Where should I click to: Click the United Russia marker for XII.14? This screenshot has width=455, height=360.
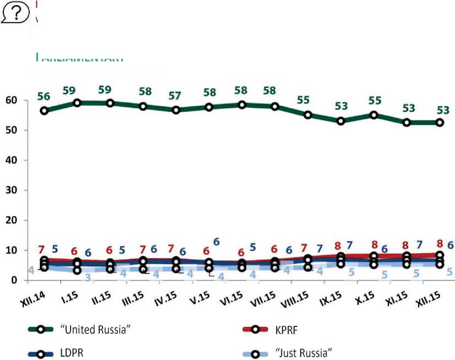[44, 111]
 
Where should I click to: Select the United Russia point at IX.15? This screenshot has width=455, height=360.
[342, 121]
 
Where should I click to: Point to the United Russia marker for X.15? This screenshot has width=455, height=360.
[375, 115]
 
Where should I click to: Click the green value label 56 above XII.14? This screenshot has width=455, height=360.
[44, 96]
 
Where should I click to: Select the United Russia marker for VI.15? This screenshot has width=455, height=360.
[242, 105]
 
